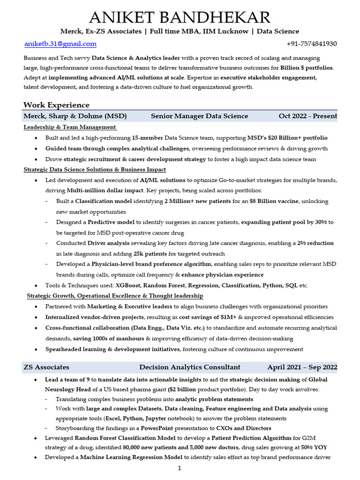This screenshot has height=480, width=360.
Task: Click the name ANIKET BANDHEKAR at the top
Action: click(180, 18)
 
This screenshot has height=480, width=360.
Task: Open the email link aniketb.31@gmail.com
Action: click(60, 44)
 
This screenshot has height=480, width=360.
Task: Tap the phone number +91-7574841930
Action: click(311, 44)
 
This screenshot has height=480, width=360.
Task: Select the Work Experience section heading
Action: click(56, 105)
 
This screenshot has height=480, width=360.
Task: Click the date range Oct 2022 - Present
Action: click(307, 116)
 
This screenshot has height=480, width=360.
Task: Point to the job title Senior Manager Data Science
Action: click(199, 116)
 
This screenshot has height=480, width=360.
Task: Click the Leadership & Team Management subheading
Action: click(69, 127)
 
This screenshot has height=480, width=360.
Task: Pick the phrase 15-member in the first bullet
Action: click(148, 138)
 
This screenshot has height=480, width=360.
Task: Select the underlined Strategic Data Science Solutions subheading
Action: click(95, 169)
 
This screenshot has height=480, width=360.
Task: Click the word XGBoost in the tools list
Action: click(127, 285)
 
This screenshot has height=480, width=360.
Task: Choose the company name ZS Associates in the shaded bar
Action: click(46, 367)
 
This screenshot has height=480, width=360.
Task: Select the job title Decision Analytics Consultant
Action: click(190, 367)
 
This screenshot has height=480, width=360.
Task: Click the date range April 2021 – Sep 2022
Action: click(302, 367)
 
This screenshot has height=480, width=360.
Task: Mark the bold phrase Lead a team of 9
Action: click(67, 380)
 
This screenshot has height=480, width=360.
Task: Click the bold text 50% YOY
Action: click(314, 447)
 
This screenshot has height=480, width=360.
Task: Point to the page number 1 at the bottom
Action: click(180, 468)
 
